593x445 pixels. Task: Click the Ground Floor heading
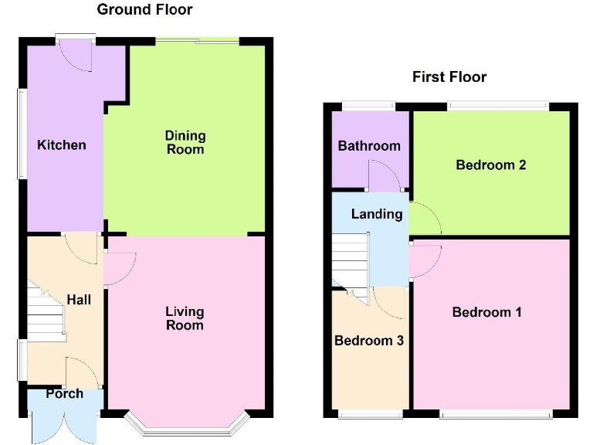[x=144, y=10]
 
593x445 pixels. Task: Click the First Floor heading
[x=449, y=76]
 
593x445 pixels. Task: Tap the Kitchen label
[x=62, y=144]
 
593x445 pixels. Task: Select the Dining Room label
[x=185, y=142]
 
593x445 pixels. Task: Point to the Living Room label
[x=185, y=318]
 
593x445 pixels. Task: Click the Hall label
[x=78, y=299]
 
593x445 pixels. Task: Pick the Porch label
[x=64, y=393]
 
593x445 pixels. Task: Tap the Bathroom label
[x=369, y=145]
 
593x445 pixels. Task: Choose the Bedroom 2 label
[x=491, y=165]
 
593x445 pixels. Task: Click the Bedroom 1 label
[x=487, y=312]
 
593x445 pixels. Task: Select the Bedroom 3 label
[x=368, y=340]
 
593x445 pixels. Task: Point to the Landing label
[x=377, y=214]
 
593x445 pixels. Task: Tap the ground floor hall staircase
[x=45, y=313]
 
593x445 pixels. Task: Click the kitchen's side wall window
[x=22, y=135]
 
